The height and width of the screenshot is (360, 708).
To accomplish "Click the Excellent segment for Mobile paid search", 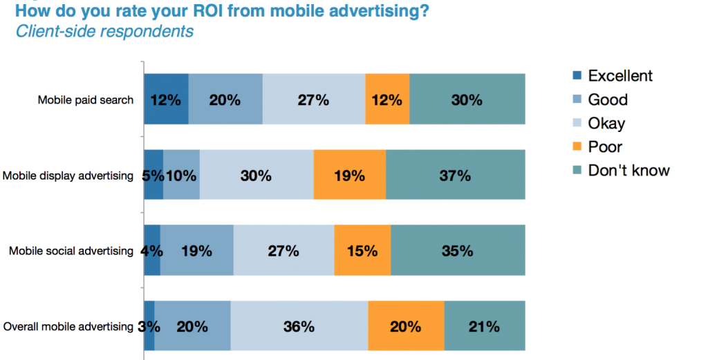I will [166, 100].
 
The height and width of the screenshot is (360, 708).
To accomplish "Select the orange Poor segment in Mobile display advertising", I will [349, 176].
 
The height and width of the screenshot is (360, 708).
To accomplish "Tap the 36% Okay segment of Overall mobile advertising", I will [299, 326].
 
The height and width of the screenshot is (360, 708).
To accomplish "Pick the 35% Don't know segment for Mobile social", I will [457, 251].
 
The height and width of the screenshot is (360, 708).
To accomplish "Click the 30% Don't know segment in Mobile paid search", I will [467, 100].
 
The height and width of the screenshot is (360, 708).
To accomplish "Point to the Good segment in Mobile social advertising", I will [196, 251].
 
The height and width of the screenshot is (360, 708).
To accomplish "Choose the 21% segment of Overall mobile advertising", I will [484, 326].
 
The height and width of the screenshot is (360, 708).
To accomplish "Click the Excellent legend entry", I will [619, 76].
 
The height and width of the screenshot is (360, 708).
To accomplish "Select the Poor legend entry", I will [604, 146].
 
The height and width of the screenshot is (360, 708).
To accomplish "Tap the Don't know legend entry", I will [628, 170].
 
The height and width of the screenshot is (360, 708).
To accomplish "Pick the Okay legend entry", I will [606, 123].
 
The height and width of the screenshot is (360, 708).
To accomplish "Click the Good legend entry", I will [607, 100].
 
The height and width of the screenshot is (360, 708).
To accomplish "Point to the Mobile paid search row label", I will [85, 100].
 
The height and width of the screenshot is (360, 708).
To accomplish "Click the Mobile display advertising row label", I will [68, 176].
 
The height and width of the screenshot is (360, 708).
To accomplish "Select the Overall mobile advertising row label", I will [68, 327].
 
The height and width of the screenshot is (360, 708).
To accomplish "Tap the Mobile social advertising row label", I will [71, 251].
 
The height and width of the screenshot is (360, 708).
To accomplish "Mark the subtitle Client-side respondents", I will [104, 31].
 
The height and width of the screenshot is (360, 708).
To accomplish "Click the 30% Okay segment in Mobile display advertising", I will [256, 176].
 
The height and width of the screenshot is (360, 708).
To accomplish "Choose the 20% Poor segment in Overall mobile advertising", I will [406, 326].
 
